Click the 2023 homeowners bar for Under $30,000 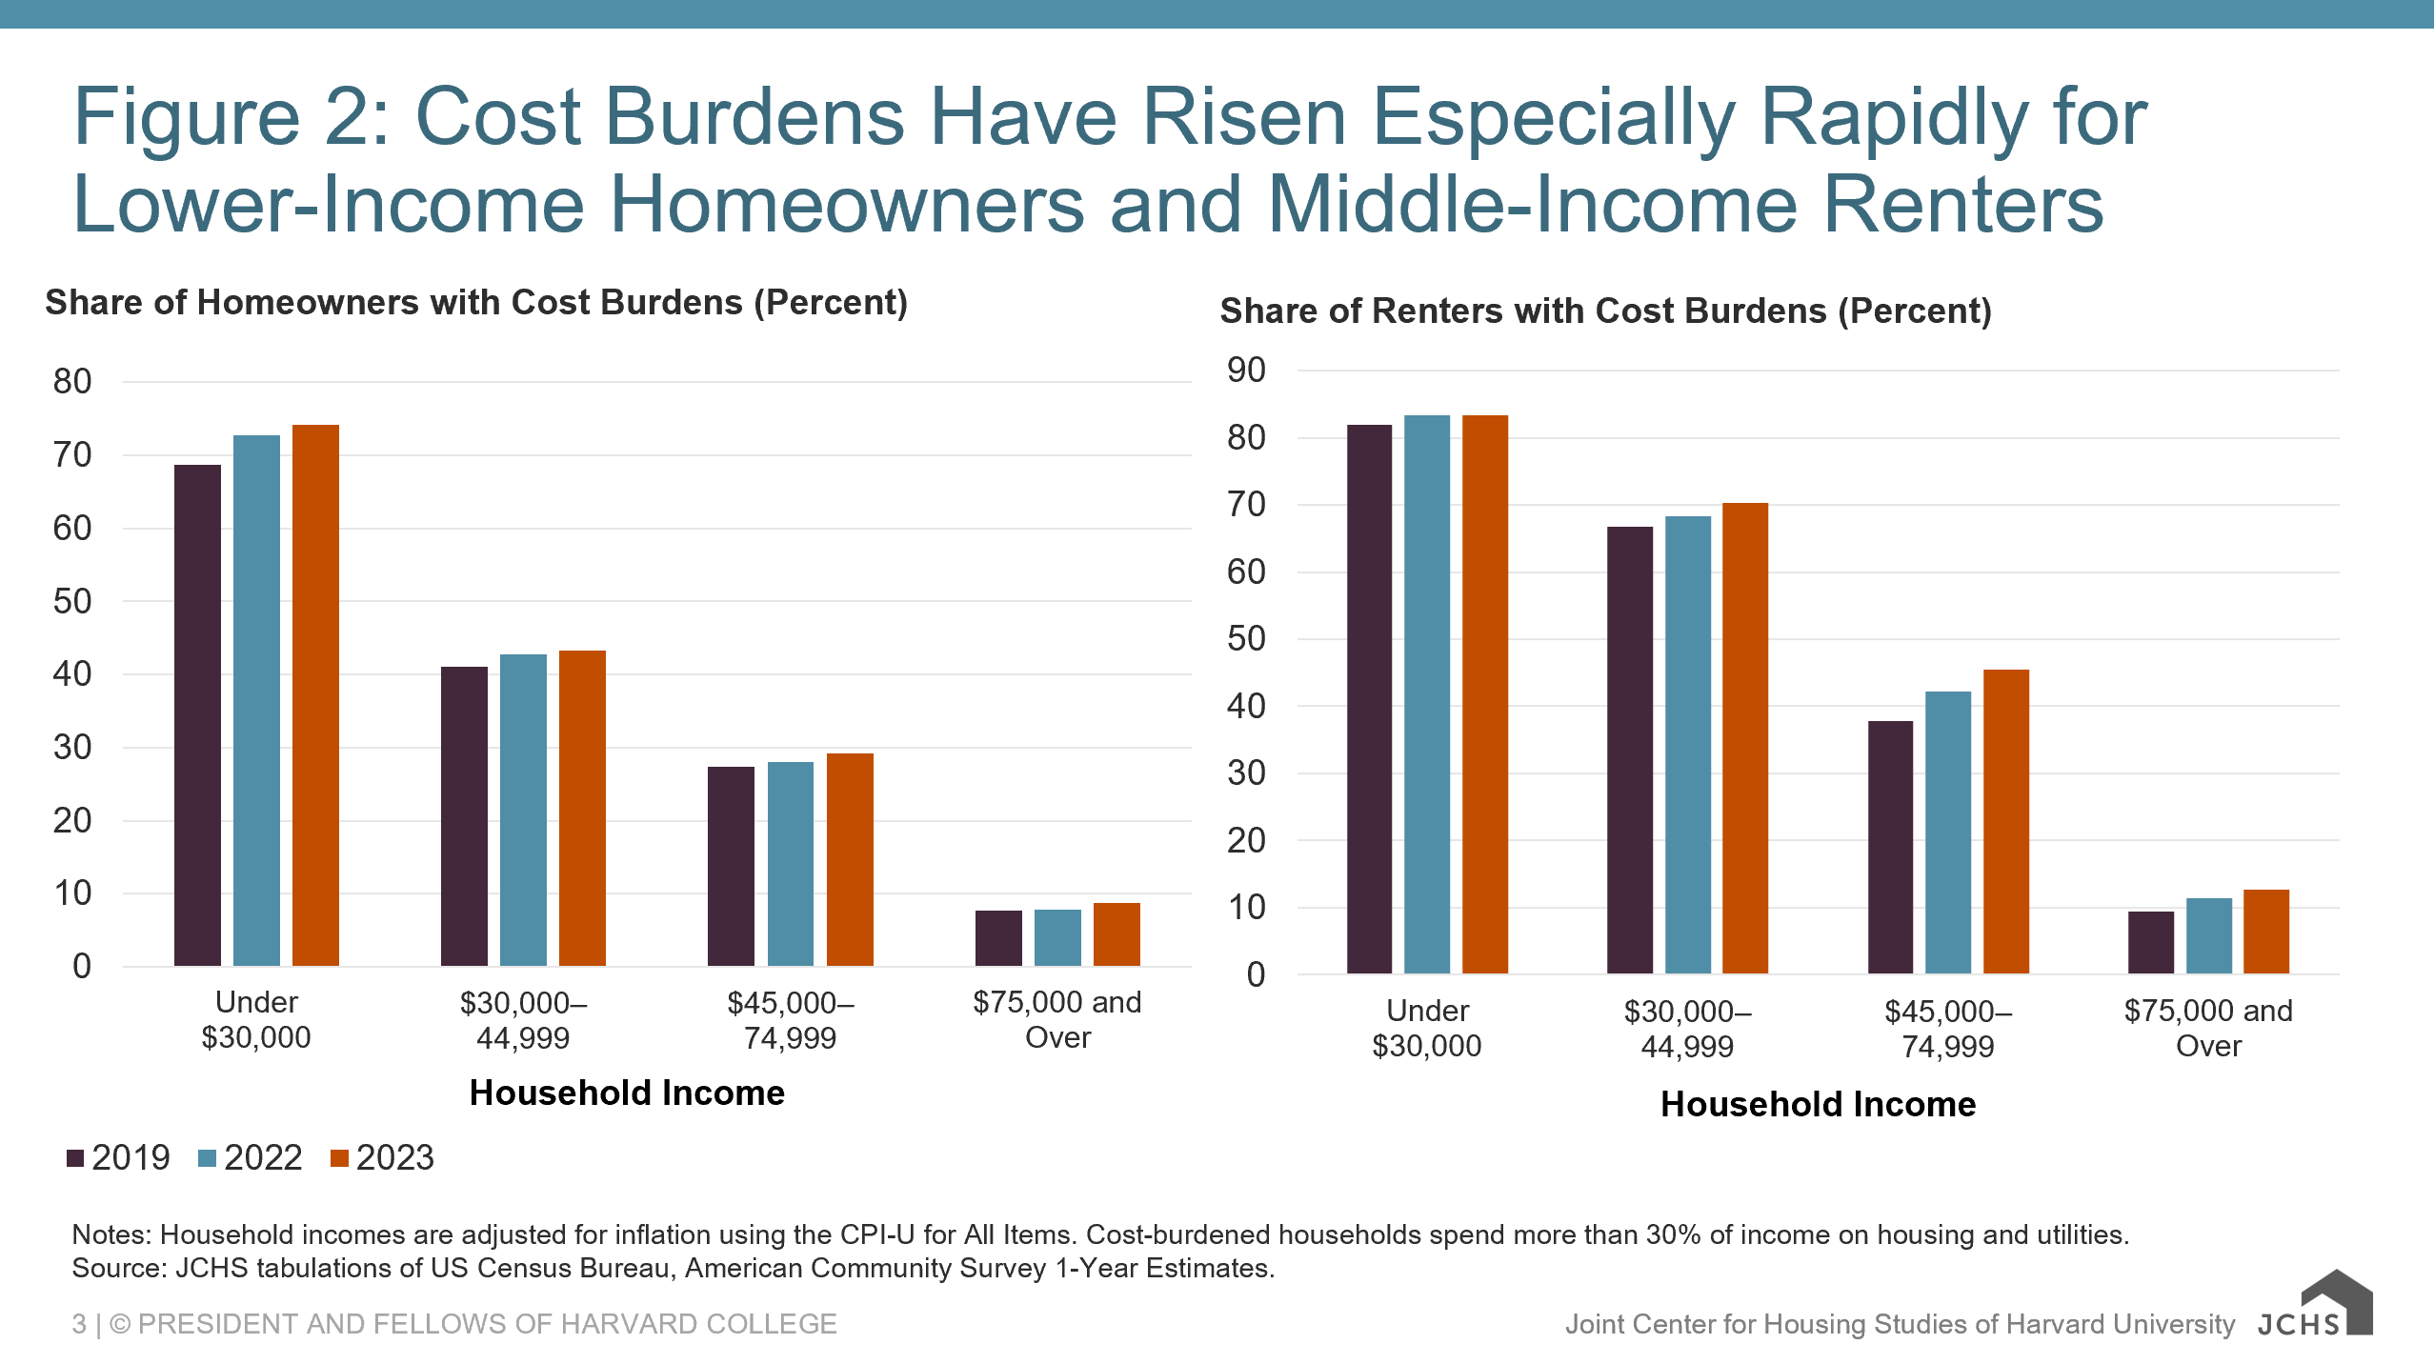pyautogui.click(x=315, y=695)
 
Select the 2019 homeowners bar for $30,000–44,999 pyautogui.click(x=464, y=816)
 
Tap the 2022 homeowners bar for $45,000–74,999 pyautogui.click(x=791, y=864)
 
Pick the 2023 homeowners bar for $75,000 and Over pyautogui.click(x=1116, y=934)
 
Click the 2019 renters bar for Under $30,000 pyautogui.click(x=1369, y=699)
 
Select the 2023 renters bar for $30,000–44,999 pyautogui.click(x=1745, y=738)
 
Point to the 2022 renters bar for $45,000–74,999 pyautogui.click(x=1948, y=832)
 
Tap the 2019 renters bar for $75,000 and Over pyautogui.click(x=2151, y=942)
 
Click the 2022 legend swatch pyautogui.click(x=207, y=1158)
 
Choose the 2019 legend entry pyautogui.click(x=119, y=1158)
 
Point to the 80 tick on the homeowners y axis pyautogui.click(x=72, y=382)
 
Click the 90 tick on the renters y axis pyautogui.click(x=1246, y=371)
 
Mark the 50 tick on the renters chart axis pyautogui.click(x=1246, y=639)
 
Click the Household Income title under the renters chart pyautogui.click(x=1818, y=1104)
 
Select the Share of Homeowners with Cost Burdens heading pyautogui.click(x=476, y=303)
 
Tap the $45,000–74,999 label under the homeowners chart pyautogui.click(x=790, y=1020)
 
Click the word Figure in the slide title pyautogui.click(x=187, y=118)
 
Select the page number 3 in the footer pyautogui.click(x=79, y=1324)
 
